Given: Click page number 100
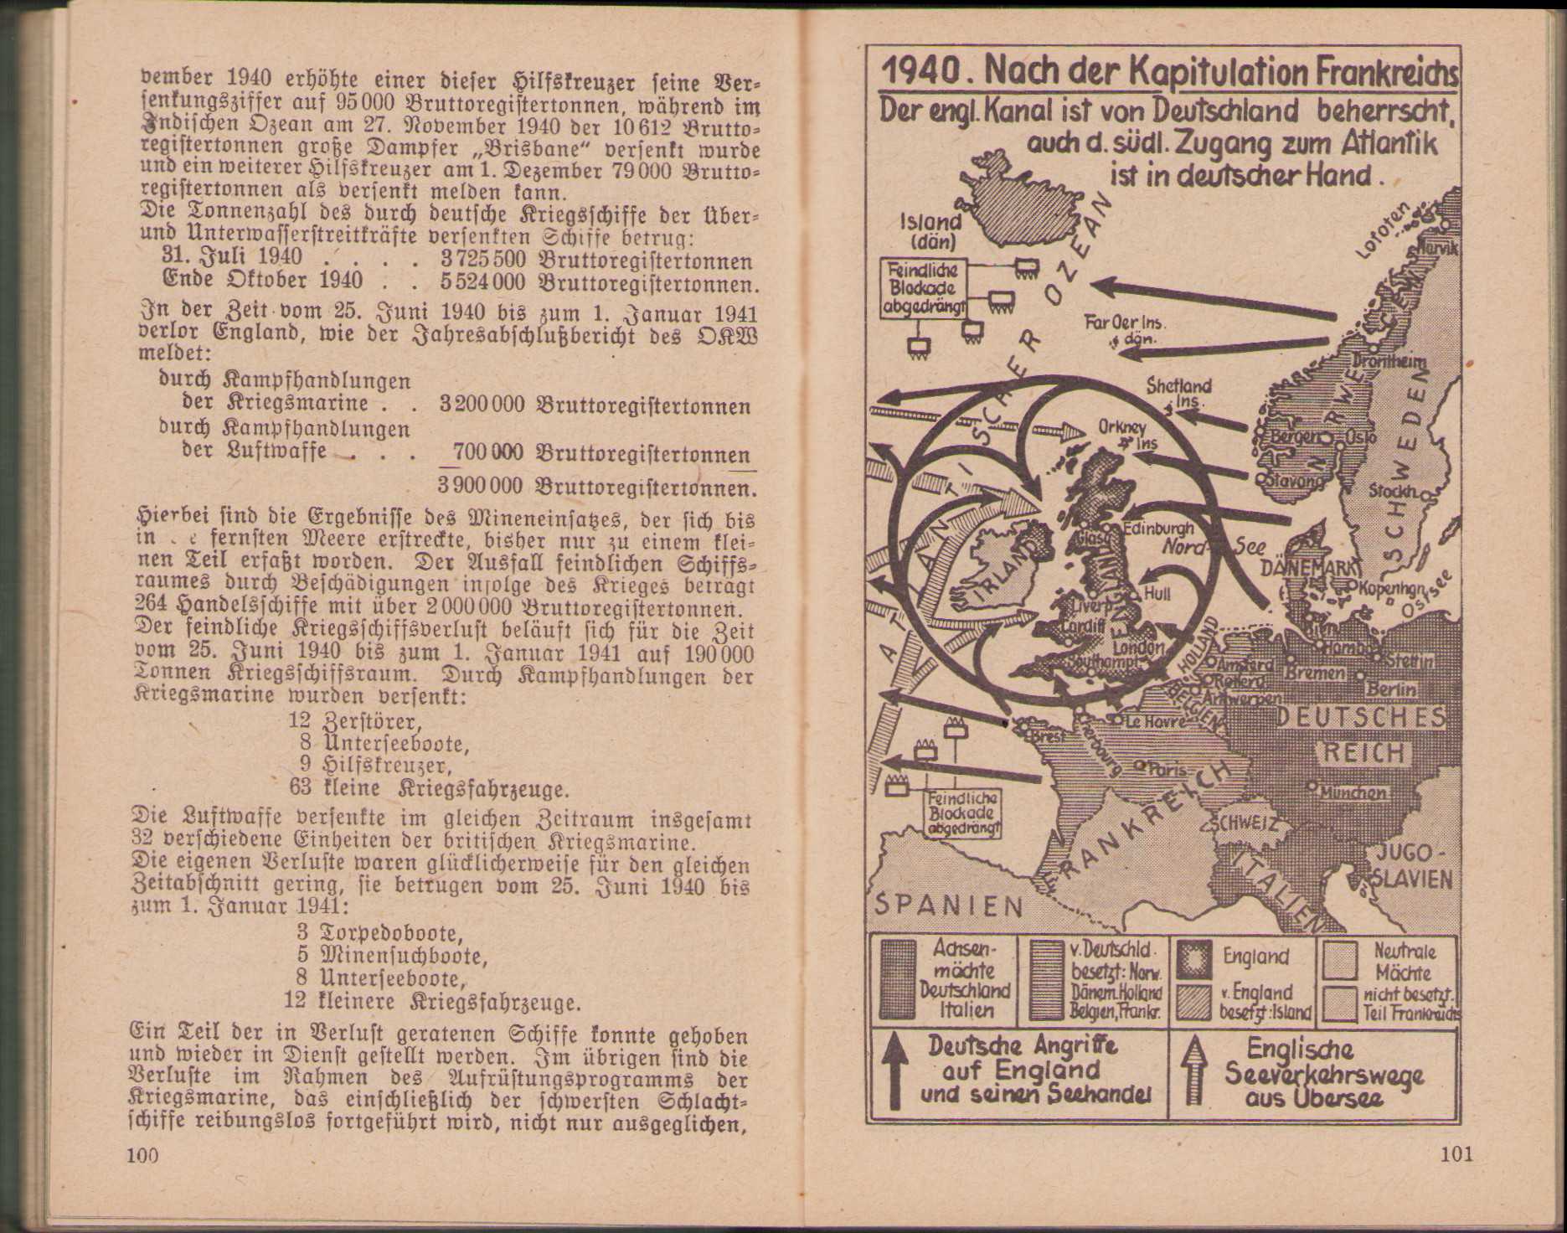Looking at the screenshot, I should tap(142, 1156).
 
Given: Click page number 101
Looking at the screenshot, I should tap(1456, 1154).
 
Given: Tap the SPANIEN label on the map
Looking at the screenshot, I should tap(948, 905).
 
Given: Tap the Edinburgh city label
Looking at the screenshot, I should tap(1157, 529).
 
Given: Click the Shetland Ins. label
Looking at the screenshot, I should tap(1178, 392).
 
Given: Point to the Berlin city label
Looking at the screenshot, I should tap(1391, 690).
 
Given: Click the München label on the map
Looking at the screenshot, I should tap(1353, 792).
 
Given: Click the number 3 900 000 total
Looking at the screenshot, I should tap(480, 487).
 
